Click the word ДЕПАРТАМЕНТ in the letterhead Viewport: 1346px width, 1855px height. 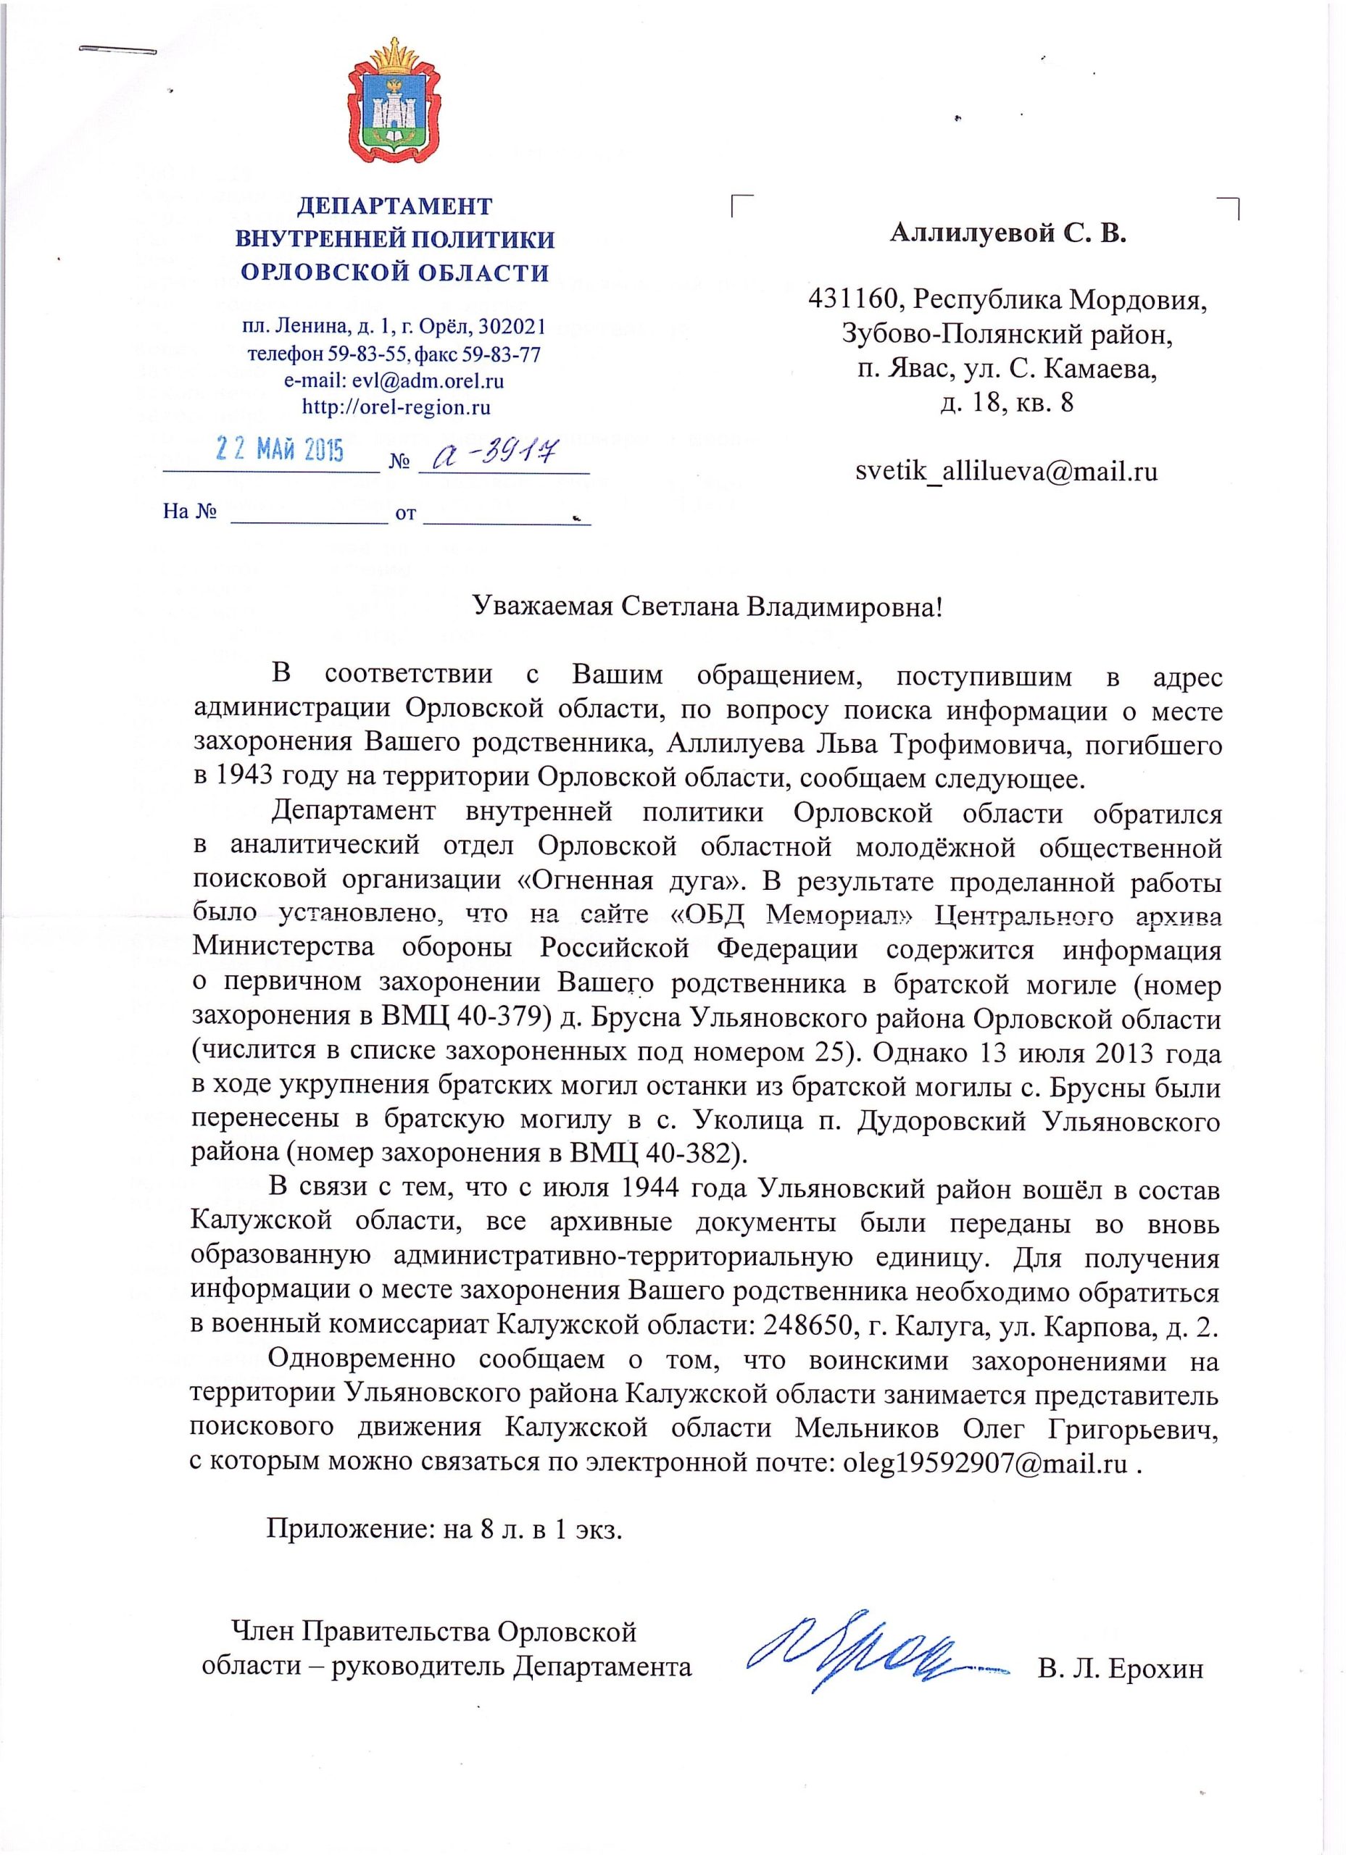pos(394,205)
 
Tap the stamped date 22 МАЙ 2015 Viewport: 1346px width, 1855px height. pos(280,451)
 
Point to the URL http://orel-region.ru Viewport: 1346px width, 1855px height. pos(396,407)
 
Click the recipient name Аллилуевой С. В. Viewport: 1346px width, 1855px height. pos(1008,234)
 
